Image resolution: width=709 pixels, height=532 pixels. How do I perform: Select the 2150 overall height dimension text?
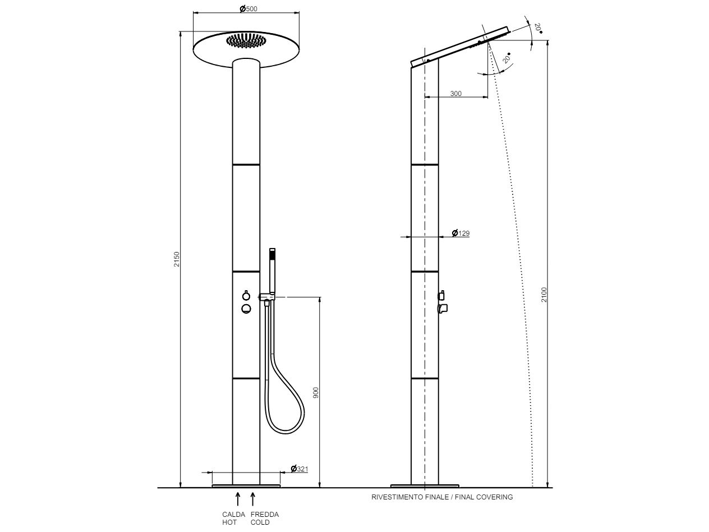(177, 259)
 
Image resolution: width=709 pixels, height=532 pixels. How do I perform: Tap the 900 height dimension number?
(316, 393)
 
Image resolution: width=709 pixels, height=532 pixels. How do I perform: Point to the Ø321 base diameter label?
(300, 469)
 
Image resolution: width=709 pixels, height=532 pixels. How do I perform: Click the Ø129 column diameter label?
(461, 233)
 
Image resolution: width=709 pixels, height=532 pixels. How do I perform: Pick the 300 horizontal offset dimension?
(456, 94)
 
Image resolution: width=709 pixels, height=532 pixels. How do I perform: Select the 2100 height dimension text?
(544, 295)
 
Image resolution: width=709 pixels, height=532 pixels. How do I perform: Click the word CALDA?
(234, 515)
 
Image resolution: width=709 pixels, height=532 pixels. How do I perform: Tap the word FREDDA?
(265, 515)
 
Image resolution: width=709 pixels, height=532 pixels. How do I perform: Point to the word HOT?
(229, 522)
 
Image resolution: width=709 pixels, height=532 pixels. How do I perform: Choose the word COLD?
(260, 522)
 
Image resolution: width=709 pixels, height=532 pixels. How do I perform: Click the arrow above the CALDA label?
(238, 499)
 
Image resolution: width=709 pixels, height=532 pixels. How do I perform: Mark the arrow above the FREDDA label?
(253, 499)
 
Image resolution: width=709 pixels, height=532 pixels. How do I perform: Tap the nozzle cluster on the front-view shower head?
(246, 41)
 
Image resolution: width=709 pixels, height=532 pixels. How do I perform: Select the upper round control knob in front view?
(246, 296)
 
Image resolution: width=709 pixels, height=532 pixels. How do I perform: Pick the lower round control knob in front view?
(246, 308)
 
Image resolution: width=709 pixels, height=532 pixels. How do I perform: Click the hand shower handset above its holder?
(273, 269)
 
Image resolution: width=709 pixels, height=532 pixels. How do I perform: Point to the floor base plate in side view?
(425, 485)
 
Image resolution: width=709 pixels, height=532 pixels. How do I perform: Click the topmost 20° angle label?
(538, 28)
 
